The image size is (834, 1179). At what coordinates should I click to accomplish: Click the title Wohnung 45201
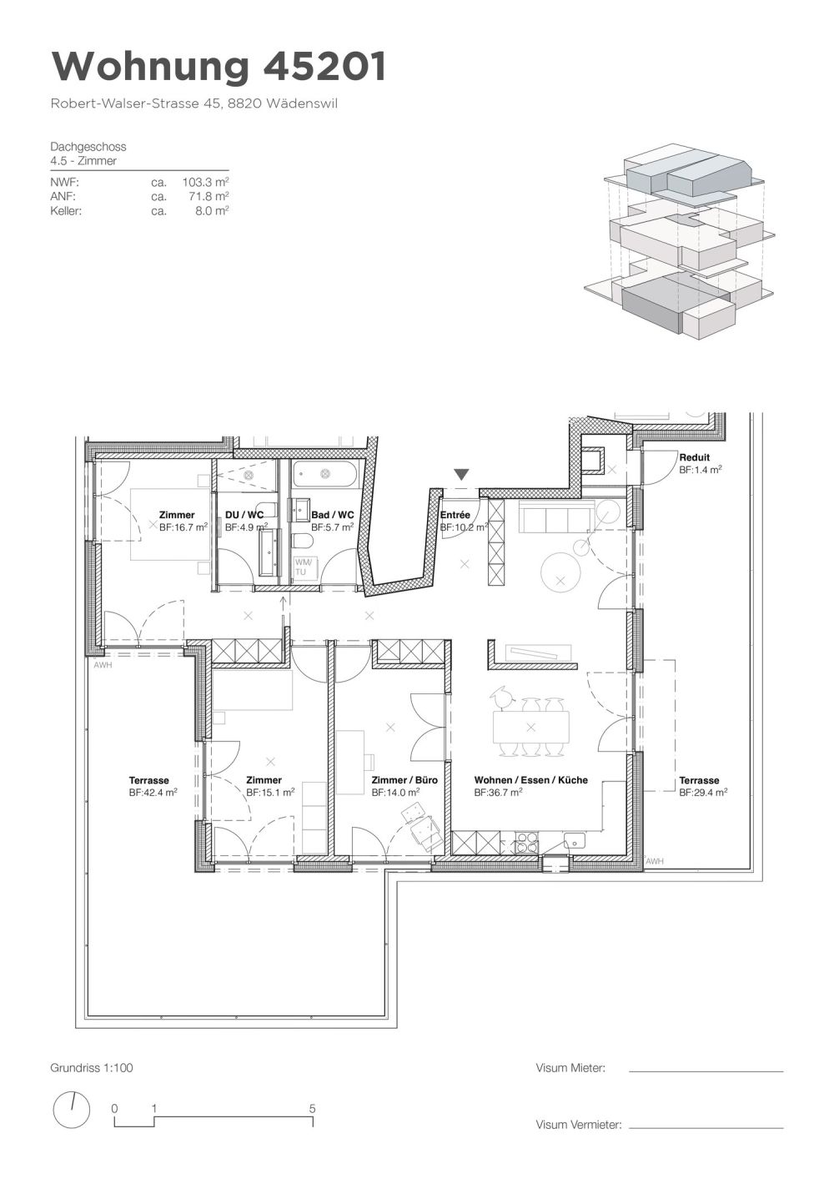tap(219, 67)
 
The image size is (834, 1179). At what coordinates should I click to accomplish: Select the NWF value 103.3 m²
tap(205, 181)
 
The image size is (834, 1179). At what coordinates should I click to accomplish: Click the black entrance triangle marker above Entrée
tap(461, 475)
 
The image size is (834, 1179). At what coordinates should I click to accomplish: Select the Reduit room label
tap(694, 457)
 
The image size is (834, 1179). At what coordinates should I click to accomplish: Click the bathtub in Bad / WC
tap(326, 475)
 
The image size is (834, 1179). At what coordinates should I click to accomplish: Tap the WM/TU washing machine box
tap(303, 567)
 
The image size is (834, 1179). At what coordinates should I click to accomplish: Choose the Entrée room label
tap(455, 515)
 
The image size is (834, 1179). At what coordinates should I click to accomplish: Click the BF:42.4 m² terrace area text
tap(153, 794)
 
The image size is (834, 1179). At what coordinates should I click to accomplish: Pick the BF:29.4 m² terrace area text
tap(703, 794)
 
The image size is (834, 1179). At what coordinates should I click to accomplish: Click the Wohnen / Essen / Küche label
tap(530, 780)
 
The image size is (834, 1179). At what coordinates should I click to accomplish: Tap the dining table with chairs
tap(530, 726)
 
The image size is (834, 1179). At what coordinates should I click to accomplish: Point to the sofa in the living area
tap(555, 519)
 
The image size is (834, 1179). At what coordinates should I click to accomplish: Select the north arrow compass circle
tap(72, 1110)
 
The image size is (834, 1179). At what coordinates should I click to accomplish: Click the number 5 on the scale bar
tap(312, 1109)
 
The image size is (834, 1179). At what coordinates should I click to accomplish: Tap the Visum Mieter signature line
tap(706, 1071)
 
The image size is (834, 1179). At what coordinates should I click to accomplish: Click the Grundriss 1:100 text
tap(92, 1067)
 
